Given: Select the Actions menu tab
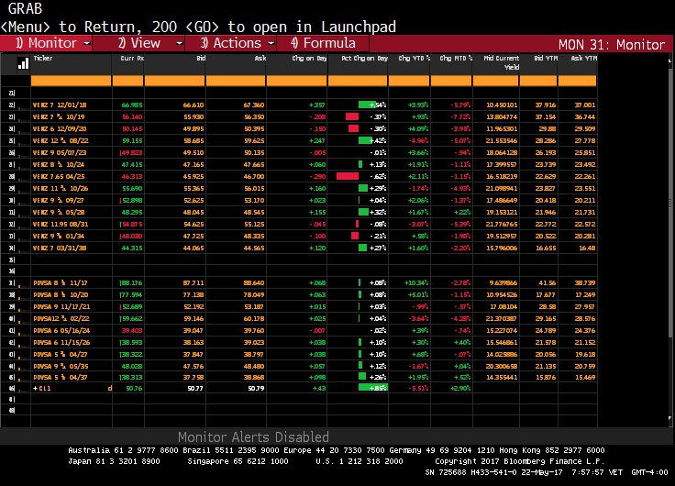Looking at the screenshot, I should pyautogui.click(x=230, y=43).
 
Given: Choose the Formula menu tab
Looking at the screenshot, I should pyautogui.click(x=323, y=43).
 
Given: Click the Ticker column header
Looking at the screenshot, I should pyautogui.click(x=43, y=58).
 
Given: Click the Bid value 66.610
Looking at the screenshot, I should pyautogui.click(x=192, y=105).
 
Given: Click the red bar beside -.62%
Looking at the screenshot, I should pyautogui.click(x=348, y=174).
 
